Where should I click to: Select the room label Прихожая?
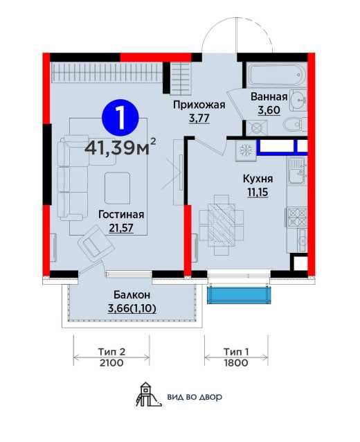coord(199,105)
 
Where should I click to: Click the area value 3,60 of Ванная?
coord(269,110)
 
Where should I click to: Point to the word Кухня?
coord(258,179)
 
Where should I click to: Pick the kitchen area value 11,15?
coord(258,192)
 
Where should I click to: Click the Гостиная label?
coord(121,215)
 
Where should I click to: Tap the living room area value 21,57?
coord(121,228)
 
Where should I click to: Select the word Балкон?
coord(132,295)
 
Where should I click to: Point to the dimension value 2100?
coord(111,363)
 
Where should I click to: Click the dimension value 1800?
coord(236,363)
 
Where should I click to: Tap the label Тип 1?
coord(236,352)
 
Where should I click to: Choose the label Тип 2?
coord(111,352)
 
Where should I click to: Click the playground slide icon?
coord(148,394)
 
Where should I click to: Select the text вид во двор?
coord(195,397)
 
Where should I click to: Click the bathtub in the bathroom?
coord(276,75)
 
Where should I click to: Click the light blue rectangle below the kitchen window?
coord(239,295)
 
